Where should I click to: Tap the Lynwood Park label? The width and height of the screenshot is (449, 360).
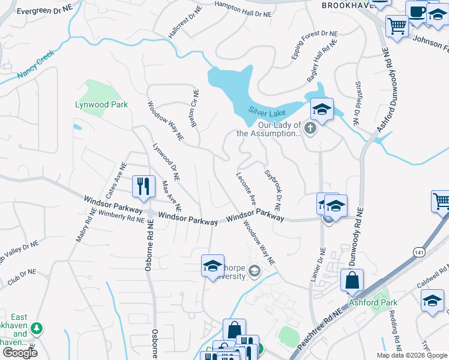point(101,104)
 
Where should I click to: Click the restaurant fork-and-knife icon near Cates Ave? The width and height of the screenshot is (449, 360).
point(143,186)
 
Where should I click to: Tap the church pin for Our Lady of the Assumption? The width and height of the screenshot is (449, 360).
point(310,128)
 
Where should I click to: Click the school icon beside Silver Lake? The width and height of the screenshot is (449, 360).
point(322,110)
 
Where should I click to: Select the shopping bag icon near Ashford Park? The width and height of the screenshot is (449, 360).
point(352,281)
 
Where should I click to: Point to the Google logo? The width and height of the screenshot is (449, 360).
point(19,353)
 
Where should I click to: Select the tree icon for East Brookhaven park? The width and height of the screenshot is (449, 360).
point(37,328)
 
